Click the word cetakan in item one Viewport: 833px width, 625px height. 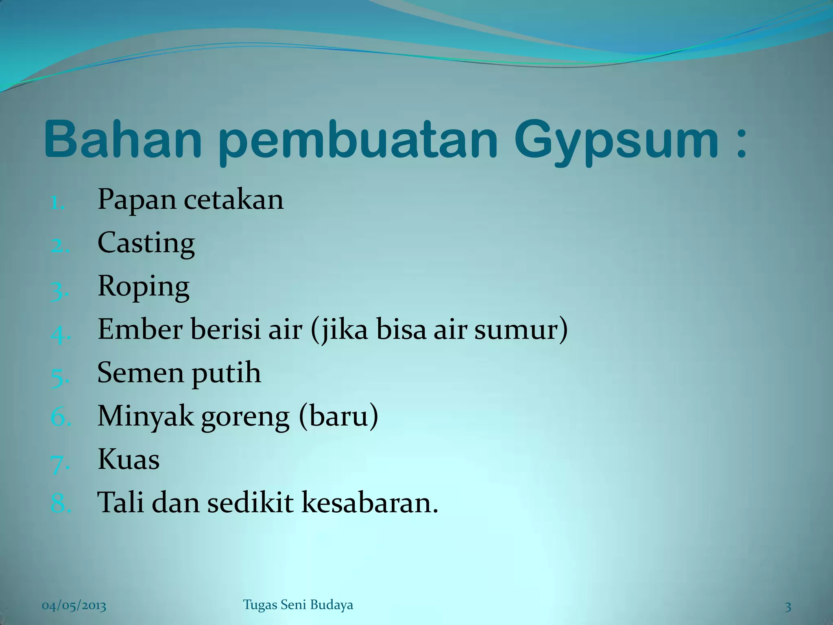(233, 200)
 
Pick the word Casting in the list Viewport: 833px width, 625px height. (146, 244)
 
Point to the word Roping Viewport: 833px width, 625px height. (143, 287)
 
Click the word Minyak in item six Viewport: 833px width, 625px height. (145, 417)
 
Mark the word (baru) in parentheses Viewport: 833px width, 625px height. (338, 417)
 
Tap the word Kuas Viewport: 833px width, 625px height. (129, 460)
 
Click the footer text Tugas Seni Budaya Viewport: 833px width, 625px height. (298, 605)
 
